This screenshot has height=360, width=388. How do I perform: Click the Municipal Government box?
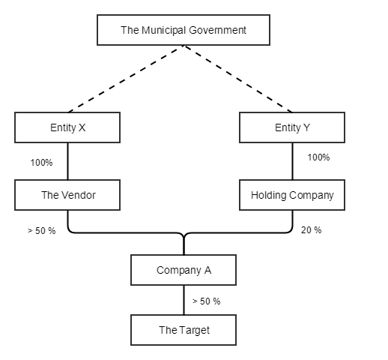coord(184,31)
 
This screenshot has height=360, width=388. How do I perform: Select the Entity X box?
coord(67,127)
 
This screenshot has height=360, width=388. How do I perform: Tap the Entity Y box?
coord(292,127)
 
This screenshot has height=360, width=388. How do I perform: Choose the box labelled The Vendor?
coord(67,195)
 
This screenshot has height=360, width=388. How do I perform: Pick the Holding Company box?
coord(292,195)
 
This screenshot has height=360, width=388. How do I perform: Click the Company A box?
coord(184,270)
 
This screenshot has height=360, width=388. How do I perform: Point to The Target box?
coord(184,330)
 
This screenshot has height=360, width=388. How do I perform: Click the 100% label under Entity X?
coord(41,162)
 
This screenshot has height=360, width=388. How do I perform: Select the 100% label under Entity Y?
coord(318,157)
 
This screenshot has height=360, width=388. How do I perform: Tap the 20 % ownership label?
coord(311,230)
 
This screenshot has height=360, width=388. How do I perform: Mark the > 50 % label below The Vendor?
coord(41,230)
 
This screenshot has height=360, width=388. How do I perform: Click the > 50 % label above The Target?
coord(206,301)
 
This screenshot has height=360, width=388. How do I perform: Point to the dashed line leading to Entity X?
coord(124,79)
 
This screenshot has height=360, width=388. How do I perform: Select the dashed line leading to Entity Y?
coord(240,79)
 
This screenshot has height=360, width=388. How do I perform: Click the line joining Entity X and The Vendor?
coord(68,160)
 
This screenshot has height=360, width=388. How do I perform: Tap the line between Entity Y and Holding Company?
coord(293,160)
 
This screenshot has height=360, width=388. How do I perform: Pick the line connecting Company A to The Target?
coord(184,300)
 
